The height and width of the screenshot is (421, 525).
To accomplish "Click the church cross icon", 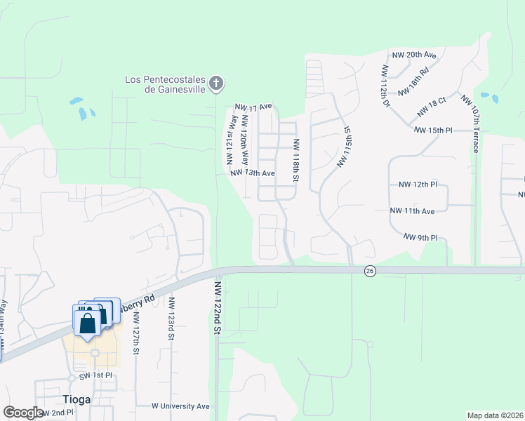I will (x=216, y=84).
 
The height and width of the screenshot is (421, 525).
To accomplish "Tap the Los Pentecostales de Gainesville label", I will (x=166, y=84).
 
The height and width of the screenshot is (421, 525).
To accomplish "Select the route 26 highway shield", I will (x=369, y=271).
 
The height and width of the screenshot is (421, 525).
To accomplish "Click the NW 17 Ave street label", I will (x=253, y=107).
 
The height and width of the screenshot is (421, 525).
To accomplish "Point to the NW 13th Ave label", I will (x=251, y=173).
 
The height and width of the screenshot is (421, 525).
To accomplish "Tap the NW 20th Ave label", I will (x=414, y=54).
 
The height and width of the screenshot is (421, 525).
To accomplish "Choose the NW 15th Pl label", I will (x=434, y=131).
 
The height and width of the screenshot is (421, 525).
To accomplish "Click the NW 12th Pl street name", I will (x=418, y=185).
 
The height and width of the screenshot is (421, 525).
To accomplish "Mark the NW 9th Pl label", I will (x=420, y=238).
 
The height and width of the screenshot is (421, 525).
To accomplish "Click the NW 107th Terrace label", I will (x=470, y=123).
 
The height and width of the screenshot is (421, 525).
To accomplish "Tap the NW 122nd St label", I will (x=218, y=309).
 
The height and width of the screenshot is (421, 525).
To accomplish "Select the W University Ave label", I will (x=180, y=406).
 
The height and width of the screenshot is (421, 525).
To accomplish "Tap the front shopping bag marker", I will (x=87, y=324).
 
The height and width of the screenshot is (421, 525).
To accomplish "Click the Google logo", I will (x=22, y=413).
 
